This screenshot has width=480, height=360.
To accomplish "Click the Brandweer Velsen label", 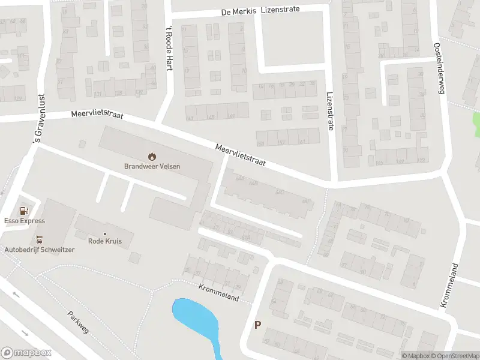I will [152, 166].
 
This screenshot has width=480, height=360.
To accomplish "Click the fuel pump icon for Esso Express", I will [24, 211].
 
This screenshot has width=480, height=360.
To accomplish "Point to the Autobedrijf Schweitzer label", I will [40, 250].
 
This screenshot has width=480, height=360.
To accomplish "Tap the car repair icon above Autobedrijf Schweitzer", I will [41, 239].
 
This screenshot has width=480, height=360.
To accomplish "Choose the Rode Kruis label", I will [105, 241].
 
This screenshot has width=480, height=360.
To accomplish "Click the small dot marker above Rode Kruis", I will [105, 233].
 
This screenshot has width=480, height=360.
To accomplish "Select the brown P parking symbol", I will [258, 325].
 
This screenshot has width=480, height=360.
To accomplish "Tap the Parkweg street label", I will [77, 323].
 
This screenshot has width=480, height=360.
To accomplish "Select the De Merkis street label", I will [239, 11].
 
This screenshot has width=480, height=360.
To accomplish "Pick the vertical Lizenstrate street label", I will [329, 111].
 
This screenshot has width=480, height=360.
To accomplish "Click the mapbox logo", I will [26, 353].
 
